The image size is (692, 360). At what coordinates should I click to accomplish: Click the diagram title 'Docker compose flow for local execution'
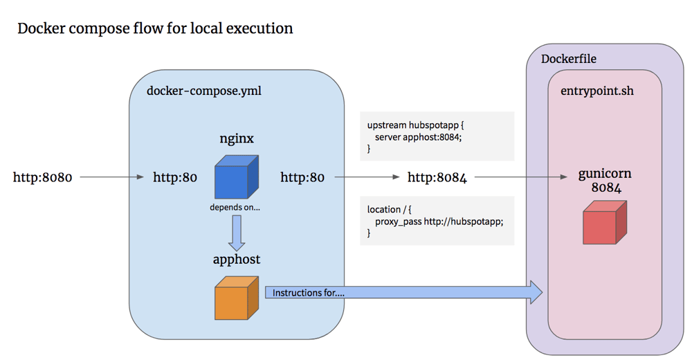(155, 29)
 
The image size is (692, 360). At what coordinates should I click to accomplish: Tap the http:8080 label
(42, 178)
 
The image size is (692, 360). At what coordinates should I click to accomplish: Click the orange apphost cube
(236, 298)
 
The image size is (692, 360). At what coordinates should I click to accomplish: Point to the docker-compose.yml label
(204, 91)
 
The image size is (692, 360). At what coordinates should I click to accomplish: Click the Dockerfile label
(568, 59)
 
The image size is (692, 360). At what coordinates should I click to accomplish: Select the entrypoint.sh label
(597, 91)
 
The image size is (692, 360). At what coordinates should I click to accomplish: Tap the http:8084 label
(437, 178)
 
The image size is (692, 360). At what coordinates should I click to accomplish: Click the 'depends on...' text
(235, 208)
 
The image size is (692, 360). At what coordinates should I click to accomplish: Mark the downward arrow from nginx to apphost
(237, 233)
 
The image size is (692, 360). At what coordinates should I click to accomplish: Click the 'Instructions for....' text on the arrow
(309, 293)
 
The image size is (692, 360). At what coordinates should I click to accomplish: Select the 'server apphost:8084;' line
(418, 137)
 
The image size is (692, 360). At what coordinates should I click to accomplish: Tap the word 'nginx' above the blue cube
(236, 138)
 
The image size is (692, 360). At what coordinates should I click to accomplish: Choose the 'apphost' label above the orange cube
(236, 260)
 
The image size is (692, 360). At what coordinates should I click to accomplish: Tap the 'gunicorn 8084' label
(604, 181)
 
